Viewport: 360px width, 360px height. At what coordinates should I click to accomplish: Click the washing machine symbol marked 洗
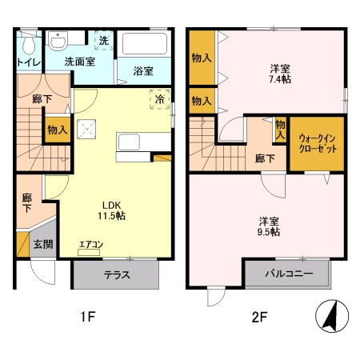(x=103, y=40)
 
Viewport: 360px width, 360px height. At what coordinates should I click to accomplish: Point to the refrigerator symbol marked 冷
(x=159, y=99)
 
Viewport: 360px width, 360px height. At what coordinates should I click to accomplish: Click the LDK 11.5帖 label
(x=112, y=209)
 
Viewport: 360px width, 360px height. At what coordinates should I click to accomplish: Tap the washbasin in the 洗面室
(x=59, y=40)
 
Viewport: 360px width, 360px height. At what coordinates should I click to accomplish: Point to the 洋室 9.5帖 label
(x=268, y=224)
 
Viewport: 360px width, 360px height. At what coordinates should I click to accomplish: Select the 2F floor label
(x=259, y=317)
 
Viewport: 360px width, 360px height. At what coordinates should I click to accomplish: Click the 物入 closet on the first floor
(x=56, y=130)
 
